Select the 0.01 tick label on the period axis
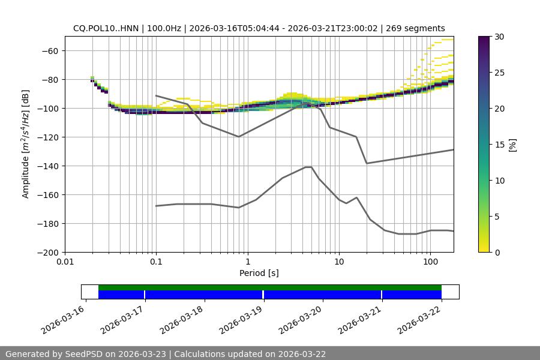click(65, 262)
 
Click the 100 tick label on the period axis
click(430, 262)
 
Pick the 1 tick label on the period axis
click(248, 262)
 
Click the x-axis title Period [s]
click(259, 273)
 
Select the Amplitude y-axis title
click(26, 144)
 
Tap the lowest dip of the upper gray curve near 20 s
click(367, 163)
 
